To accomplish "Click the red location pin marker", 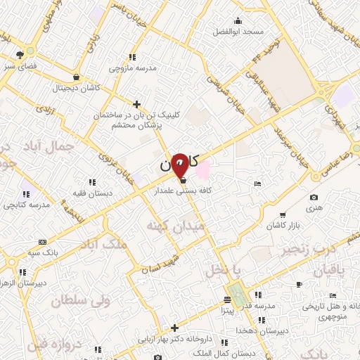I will [180, 164].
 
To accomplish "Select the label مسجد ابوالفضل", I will [243, 32].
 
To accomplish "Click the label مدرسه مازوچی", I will [130, 69].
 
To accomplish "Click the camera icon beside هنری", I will [314, 197].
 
